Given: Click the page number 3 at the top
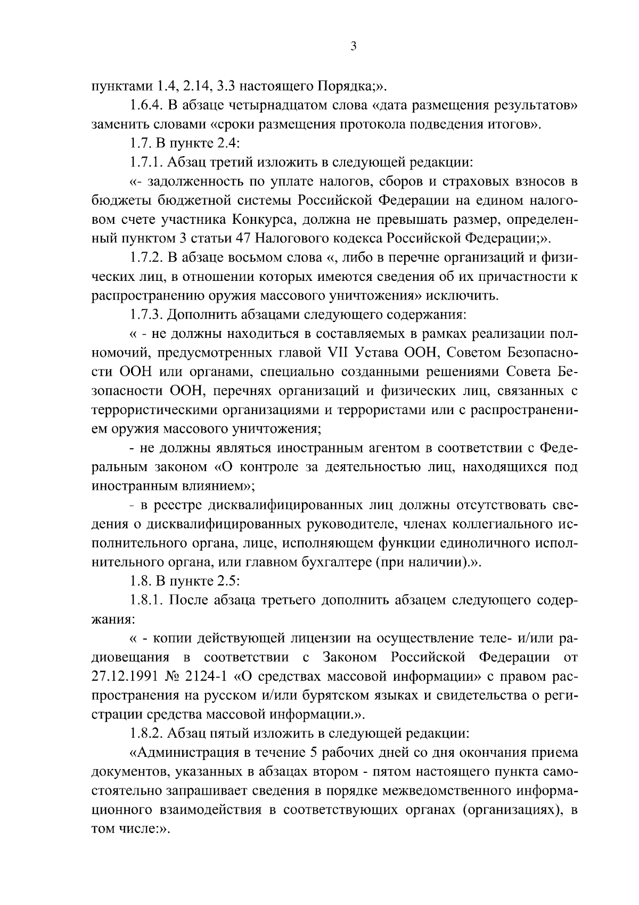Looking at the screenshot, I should click(x=353, y=47).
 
